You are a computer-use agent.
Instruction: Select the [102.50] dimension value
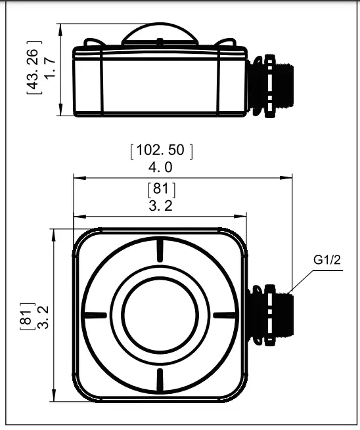[162, 150]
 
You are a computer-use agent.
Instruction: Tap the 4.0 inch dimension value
[160, 167]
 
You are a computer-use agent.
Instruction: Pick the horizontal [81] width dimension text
[161, 190]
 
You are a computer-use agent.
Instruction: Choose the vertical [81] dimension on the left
[27, 316]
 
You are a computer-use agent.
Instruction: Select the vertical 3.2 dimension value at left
[44, 316]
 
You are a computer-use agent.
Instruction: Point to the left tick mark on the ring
[95, 314]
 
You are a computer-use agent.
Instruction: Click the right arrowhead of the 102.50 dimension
[288, 177]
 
